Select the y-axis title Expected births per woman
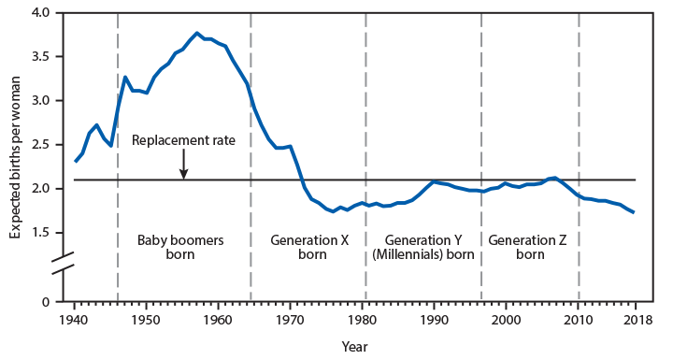pos(16,157)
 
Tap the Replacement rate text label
pos(183,140)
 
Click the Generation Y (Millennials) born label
pos(422,247)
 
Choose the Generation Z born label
pos(529,247)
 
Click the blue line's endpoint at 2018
pos(635,212)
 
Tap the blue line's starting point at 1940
pos(75,162)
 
